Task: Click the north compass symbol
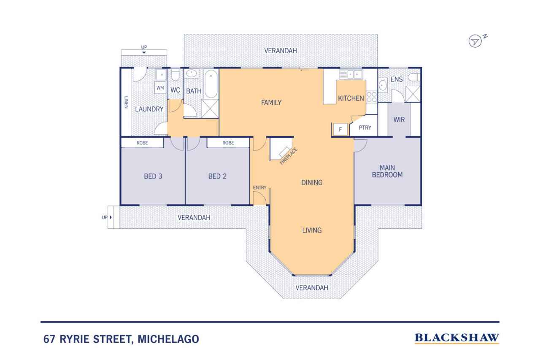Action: [475, 41]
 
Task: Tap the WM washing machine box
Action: [160, 88]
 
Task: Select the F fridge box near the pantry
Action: [340, 130]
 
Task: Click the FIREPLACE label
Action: [289, 156]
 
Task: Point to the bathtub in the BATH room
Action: [211, 84]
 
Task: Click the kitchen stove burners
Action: [372, 97]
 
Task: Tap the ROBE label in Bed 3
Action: [142, 143]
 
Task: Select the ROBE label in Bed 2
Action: [228, 143]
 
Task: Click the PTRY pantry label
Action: [365, 127]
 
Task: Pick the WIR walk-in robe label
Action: [399, 119]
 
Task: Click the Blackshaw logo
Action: [457, 338]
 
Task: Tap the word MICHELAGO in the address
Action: [168, 339]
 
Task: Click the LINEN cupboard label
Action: [126, 102]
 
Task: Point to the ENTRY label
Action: [259, 187]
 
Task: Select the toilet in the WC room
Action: [175, 75]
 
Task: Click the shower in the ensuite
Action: [413, 94]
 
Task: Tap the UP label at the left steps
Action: [104, 217]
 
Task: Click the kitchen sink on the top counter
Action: [351, 74]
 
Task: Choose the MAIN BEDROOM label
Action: [387, 171]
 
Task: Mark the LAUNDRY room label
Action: [149, 109]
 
